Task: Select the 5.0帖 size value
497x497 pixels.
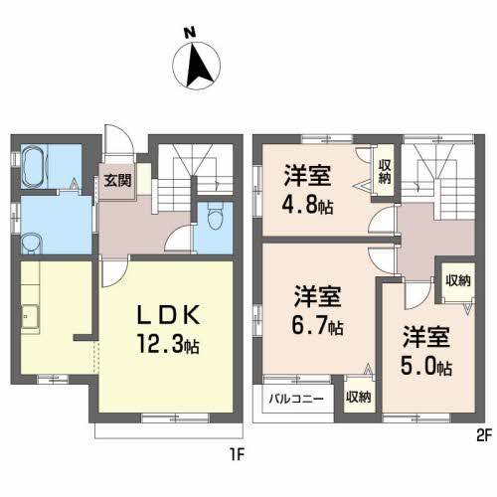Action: tap(427, 365)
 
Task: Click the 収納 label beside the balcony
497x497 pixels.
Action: tap(358, 397)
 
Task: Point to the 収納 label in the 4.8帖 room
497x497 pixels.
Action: tap(384, 169)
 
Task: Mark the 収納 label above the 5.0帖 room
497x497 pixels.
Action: tap(457, 281)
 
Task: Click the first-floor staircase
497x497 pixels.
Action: tap(195, 169)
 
